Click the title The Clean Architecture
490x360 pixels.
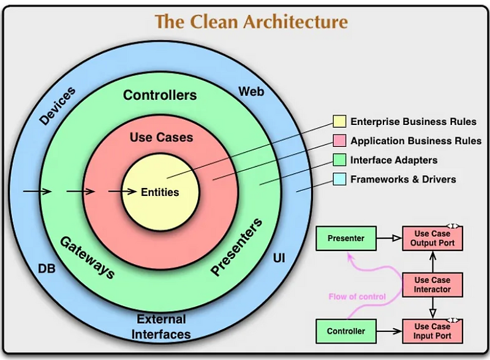tap(251, 21)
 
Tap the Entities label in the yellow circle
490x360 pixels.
tap(160, 192)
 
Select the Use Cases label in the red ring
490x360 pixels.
tap(161, 137)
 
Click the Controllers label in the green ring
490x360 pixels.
tap(160, 95)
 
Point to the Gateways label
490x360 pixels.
tap(86, 257)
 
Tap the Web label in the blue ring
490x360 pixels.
tap(251, 91)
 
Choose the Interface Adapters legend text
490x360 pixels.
tap(394, 160)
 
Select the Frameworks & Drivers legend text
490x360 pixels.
tap(403, 179)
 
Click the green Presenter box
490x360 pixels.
tap(345, 238)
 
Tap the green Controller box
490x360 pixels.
tap(345, 331)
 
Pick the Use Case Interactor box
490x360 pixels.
tap(432, 285)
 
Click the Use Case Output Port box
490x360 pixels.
tap(432, 238)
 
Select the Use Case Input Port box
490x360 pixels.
tap(432, 331)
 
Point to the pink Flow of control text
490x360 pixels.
tap(357, 297)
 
